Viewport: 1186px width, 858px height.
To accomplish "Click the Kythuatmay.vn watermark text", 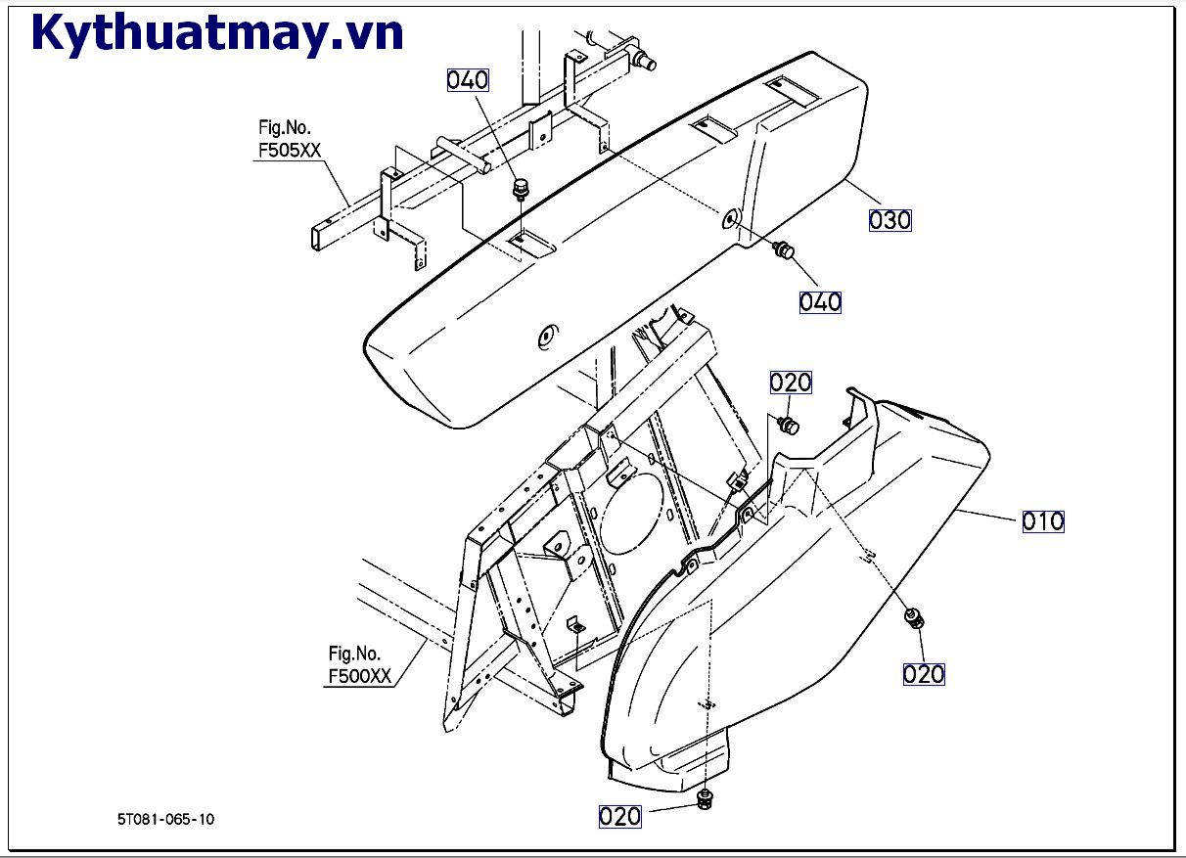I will point(217,33).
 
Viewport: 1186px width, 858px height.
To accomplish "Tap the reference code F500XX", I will point(359,676).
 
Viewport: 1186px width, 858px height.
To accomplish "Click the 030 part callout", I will point(889,220).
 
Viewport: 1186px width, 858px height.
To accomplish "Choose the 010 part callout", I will point(1043,521).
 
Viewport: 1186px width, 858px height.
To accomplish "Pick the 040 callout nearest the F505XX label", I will point(468,80).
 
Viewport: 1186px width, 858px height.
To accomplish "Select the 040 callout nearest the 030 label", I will point(820,301).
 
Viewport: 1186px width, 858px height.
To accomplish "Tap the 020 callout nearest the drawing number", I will point(619,816).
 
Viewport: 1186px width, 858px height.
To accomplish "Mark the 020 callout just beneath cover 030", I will point(791,383).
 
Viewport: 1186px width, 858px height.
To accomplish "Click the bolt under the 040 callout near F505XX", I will point(520,186).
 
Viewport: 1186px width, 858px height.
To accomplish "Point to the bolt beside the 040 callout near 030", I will point(783,250).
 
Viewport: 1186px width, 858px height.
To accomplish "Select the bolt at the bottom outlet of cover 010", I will point(704,800).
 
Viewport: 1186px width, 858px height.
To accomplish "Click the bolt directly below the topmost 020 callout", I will point(788,425).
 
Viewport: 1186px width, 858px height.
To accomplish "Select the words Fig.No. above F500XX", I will point(354,654).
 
